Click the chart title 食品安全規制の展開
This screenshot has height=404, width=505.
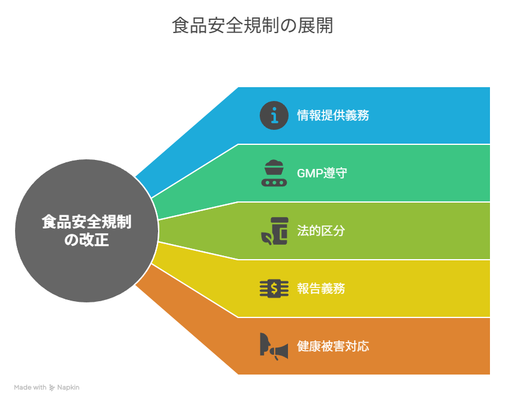(252, 25)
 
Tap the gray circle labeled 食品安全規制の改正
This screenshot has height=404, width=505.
(87, 231)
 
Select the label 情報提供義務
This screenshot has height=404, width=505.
(333, 115)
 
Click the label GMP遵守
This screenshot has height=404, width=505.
(322, 173)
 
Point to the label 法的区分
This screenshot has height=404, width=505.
(321, 231)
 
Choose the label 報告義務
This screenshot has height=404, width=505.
(321, 289)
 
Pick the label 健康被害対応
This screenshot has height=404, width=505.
(333, 346)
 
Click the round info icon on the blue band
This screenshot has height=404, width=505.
(274, 115)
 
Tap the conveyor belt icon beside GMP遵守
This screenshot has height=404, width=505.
(274, 173)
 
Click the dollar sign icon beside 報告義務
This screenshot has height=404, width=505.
(274, 289)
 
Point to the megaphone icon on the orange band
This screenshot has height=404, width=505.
(274, 347)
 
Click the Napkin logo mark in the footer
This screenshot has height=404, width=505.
(52, 388)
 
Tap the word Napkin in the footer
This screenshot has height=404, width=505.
(69, 388)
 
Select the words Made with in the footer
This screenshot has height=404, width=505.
(30, 387)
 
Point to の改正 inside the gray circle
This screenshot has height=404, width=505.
(87, 240)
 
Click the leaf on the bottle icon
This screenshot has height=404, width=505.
(266, 237)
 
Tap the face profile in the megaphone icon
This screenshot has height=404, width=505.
(265, 344)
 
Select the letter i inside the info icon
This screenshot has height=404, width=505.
(274, 115)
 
